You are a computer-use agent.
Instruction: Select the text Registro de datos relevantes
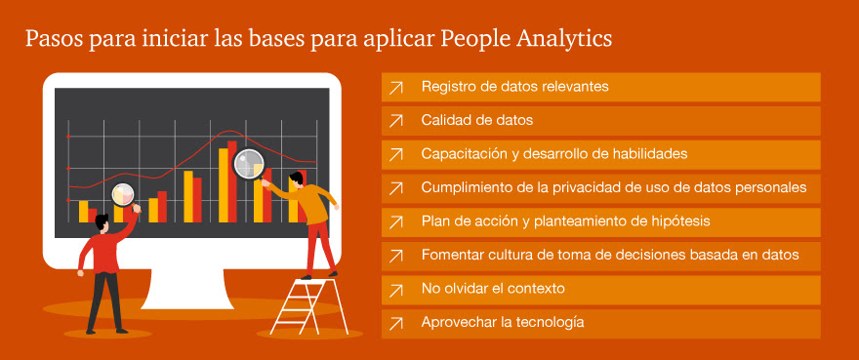pos(515,87)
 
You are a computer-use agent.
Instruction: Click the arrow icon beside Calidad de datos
pos(395,121)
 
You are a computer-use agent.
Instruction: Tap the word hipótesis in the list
pos(678,221)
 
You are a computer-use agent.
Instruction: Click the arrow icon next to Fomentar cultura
pos(395,256)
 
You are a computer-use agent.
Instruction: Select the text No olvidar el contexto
pos(493,288)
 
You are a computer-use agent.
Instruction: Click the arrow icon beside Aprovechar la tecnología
pos(395,324)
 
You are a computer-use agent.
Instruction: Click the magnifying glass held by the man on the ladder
pos(249,164)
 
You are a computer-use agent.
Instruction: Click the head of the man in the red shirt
pos(102,222)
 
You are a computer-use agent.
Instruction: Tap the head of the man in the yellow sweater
pos(297,180)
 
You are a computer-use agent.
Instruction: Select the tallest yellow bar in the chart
pos(223,185)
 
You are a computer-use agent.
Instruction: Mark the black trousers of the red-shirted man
pos(103,301)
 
